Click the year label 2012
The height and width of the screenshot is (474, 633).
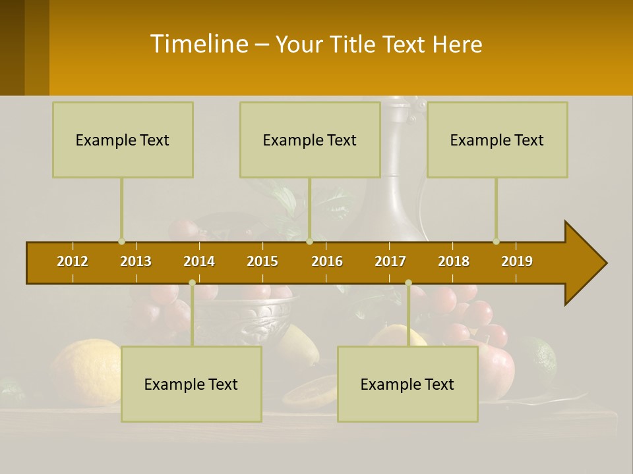(73, 261)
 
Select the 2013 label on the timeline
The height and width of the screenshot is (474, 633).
(136, 261)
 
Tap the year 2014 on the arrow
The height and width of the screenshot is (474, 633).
(199, 261)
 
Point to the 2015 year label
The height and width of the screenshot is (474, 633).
(262, 261)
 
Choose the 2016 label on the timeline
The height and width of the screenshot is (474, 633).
(327, 261)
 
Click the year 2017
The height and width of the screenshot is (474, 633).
(390, 261)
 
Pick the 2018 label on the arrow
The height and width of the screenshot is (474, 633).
(454, 261)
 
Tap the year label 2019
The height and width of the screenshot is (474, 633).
(517, 261)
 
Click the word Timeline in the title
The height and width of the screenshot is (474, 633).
(198, 44)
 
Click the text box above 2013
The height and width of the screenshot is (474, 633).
(123, 140)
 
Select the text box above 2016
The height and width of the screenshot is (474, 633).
(310, 140)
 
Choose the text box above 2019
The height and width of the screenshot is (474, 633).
(497, 140)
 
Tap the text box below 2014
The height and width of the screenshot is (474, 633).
(191, 384)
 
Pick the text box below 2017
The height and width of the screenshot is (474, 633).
(407, 384)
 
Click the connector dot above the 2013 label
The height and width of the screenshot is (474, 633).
(122, 242)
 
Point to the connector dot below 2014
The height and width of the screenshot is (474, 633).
(192, 283)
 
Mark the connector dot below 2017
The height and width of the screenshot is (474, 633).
(408, 283)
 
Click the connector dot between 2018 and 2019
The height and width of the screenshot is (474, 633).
(497, 242)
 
